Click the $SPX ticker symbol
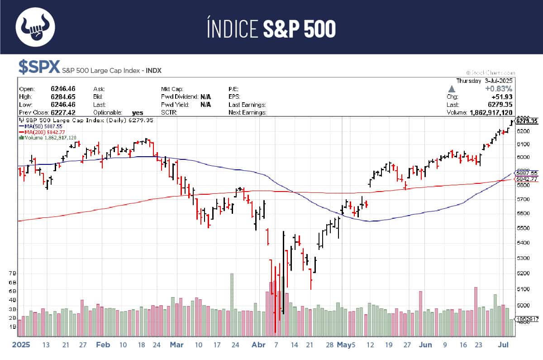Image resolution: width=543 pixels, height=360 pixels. (x=39, y=67)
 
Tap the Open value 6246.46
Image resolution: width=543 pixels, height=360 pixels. (x=63, y=89)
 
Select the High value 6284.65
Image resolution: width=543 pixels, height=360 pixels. (x=63, y=96)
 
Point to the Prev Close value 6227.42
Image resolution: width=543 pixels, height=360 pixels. (x=63, y=112)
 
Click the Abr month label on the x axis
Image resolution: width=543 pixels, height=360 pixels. (x=258, y=345)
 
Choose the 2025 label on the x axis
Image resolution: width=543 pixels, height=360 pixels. (x=21, y=345)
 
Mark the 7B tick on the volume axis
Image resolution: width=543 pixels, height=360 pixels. (x=12, y=273)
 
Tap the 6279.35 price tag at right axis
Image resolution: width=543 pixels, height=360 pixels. (x=527, y=121)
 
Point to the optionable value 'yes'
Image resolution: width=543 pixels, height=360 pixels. (x=138, y=112)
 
